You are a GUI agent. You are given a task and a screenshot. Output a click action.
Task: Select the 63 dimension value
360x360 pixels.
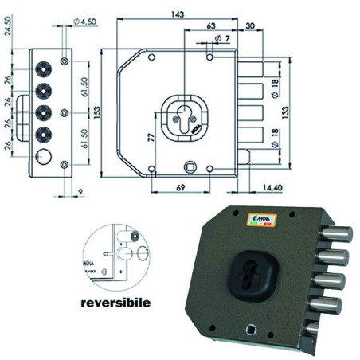pyautogui.click(x=209, y=26)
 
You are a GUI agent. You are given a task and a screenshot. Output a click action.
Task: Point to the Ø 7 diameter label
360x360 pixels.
pyautogui.click(x=222, y=39)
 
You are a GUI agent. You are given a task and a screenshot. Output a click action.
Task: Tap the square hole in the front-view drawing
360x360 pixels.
pyautogui.click(x=191, y=166)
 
